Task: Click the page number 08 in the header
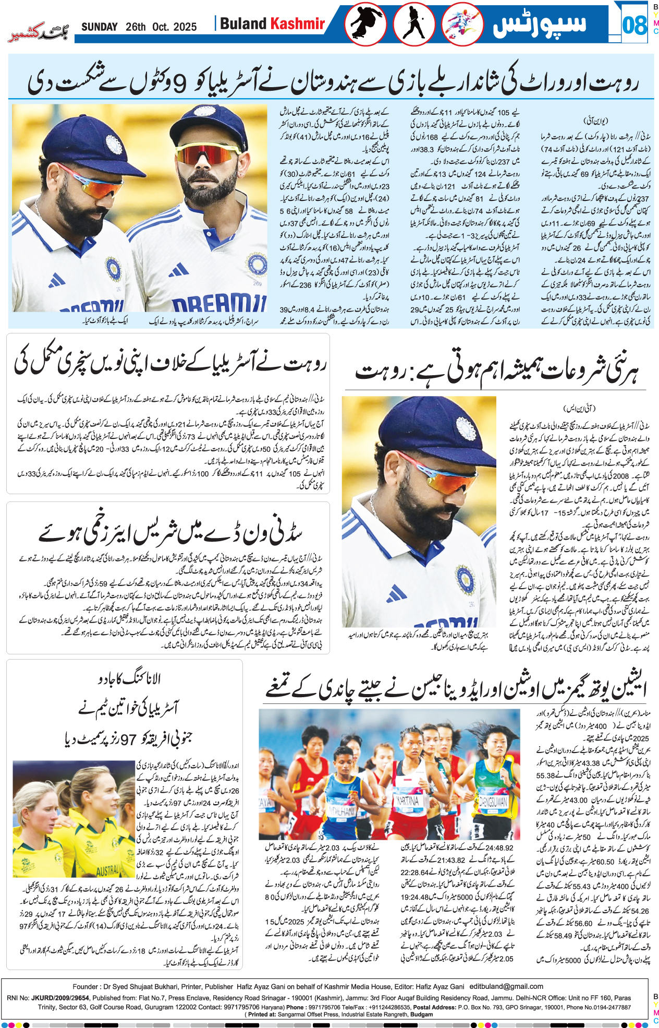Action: point(634,25)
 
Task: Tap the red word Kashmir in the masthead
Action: point(298,23)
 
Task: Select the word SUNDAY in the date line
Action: point(99,27)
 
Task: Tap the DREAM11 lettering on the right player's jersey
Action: point(219,303)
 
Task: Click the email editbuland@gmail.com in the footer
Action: point(506,986)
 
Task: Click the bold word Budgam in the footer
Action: point(421,1014)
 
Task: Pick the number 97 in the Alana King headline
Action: point(128,739)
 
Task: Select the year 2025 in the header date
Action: point(185,27)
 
